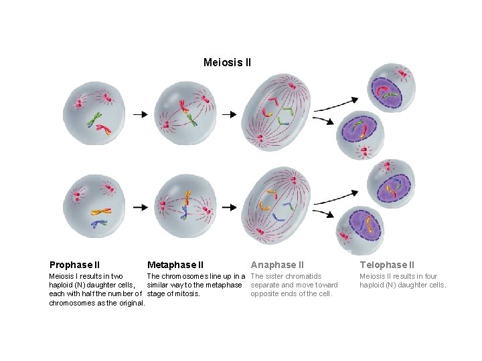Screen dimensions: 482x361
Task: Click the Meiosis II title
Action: coord(227,63)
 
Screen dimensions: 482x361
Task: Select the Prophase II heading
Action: coord(74,265)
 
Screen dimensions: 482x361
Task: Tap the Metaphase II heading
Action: coord(175,265)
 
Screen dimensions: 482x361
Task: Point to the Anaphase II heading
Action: coord(277,265)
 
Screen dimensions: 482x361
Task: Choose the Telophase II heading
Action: coord(387,265)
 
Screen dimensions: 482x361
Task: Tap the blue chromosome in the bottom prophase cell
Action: coord(99,223)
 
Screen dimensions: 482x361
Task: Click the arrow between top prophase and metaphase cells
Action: coord(140,114)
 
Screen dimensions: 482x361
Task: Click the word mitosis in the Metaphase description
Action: coord(184,293)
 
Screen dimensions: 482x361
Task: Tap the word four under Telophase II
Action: coord(430,276)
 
